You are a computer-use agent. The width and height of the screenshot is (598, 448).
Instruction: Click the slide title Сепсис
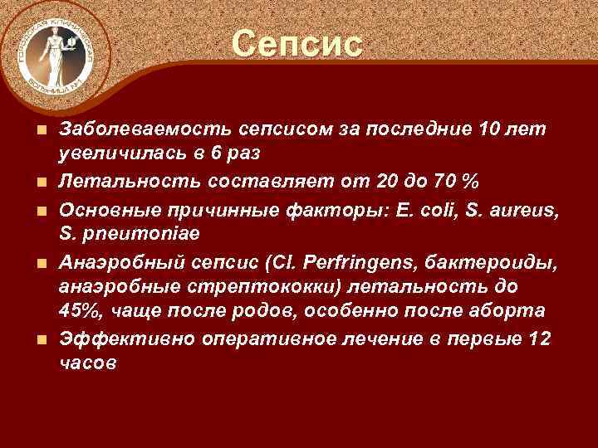coord(297,44)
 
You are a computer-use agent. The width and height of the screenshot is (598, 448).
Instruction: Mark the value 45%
coord(81,311)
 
